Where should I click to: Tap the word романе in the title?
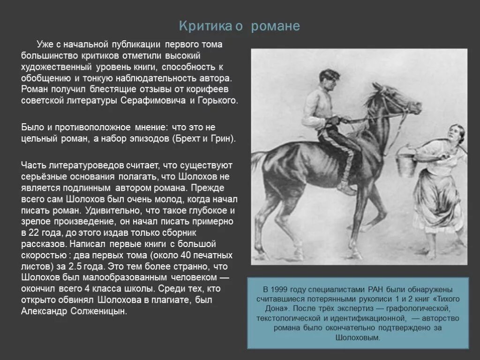point(275,26)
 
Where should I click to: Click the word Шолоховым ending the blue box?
point(357,337)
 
